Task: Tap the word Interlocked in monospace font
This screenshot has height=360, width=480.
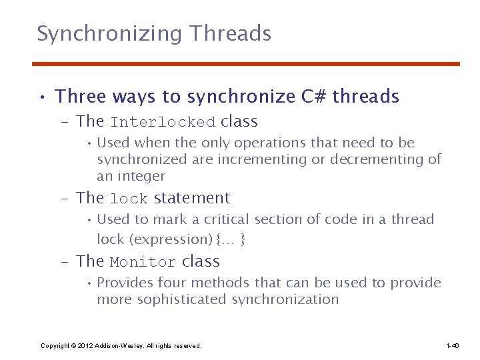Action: (163, 123)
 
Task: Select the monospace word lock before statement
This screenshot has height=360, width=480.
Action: (129, 199)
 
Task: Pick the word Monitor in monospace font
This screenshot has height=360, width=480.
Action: (143, 263)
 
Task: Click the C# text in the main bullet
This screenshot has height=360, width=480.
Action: (313, 97)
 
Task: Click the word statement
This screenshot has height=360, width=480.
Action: (192, 198)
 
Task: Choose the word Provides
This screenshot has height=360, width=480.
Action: (126, 283)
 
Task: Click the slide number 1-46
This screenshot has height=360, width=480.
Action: (452, 346)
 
